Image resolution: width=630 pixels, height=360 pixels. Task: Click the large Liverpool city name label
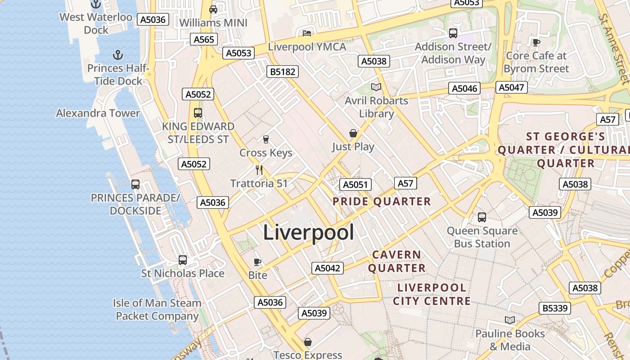[308, 233]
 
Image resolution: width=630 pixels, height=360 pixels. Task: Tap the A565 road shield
[204, 40]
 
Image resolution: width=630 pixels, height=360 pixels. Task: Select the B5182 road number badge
[282, 72]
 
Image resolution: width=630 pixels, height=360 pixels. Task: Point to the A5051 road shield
[355, 184]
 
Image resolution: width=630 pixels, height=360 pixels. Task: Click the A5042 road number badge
[327, 268]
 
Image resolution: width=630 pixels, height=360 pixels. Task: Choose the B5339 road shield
[555, 308]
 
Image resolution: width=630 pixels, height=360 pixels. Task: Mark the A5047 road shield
[512, 87]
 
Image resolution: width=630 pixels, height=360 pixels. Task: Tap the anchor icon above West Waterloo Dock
[96, 4]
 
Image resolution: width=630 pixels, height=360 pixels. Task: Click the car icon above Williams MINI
[213, 9]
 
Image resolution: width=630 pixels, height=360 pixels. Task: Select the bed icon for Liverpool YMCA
[307, 33]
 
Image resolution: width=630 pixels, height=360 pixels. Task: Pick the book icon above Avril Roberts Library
[376, 87]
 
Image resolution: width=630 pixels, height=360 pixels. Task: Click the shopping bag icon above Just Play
[353, 133]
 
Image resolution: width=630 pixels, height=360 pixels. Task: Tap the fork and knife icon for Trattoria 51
[259, 170]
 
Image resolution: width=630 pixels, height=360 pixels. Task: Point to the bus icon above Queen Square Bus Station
[482, 217]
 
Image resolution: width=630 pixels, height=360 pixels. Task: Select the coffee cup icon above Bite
[257, 262]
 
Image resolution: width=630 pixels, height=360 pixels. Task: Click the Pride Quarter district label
[382, 202]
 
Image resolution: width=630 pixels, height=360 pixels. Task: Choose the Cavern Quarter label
[397, 261]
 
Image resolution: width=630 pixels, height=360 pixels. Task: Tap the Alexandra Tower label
[98, 113]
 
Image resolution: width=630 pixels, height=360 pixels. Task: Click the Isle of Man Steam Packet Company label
[157, 310]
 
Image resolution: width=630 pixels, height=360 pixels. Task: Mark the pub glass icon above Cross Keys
[265, 139]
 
